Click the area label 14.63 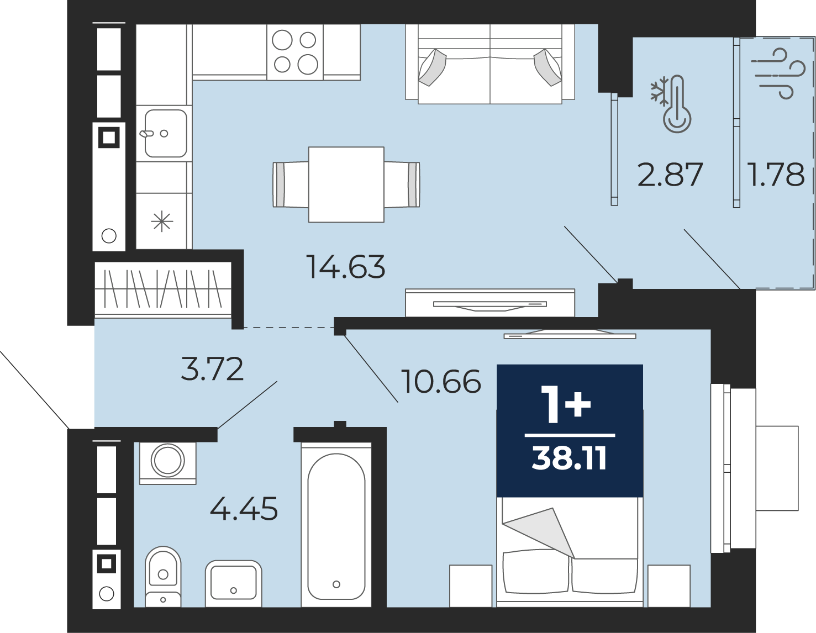346,267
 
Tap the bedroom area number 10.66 441,382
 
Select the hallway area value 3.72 212,369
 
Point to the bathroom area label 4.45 244,508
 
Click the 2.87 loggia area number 670,175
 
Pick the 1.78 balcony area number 776,174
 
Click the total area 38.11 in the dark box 569,459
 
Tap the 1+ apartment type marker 566,405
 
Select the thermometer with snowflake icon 671,104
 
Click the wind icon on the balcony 778,73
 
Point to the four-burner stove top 295,52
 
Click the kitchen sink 165,133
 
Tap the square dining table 346,184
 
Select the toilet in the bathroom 163,577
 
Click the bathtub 336,525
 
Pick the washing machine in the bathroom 168,462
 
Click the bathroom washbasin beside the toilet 233,584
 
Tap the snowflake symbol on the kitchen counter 162,221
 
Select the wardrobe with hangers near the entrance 162,289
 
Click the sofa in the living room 490,64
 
